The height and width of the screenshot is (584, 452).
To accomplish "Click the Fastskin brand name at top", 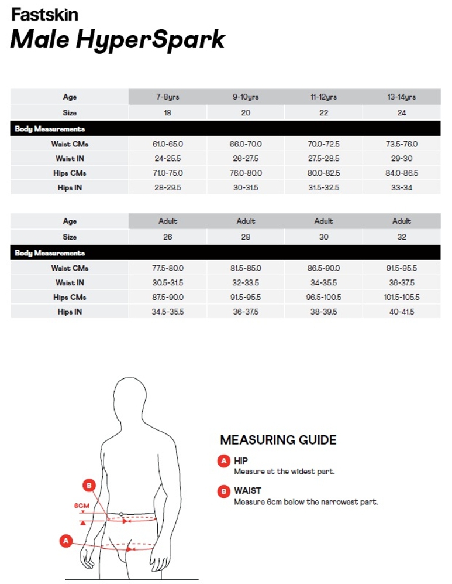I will [x=44, y=15].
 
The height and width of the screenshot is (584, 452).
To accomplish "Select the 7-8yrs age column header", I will [x=167, y=97].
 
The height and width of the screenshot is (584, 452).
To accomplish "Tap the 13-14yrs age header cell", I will [x=402, y=97].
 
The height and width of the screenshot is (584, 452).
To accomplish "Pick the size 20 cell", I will [x=246, y=113].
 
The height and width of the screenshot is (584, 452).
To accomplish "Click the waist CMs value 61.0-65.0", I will [x=167, y=144].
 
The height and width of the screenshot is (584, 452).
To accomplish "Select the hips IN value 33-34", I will [x=402, y=188].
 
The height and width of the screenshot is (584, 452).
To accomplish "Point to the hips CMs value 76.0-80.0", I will [x=246, y=173].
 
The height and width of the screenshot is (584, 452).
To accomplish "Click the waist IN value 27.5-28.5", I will [x=323, y=159].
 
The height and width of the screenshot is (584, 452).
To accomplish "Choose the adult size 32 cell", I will [x=402, y=237].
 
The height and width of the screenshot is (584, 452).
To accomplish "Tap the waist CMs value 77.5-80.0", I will [x=167, y=268].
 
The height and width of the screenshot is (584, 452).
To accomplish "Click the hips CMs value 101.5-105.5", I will [x=402, y=298].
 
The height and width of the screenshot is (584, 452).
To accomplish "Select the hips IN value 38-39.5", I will [x=323, y=312].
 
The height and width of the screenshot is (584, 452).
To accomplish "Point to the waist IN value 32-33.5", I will [x=246, y=283].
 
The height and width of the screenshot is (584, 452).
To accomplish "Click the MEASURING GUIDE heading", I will [x=278, y=440].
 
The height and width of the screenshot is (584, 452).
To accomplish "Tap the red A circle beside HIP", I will [x=223, y=462].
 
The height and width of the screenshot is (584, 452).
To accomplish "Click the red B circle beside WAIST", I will [x=223, y=491].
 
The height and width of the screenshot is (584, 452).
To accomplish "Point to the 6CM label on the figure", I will [x=82, y=506].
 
